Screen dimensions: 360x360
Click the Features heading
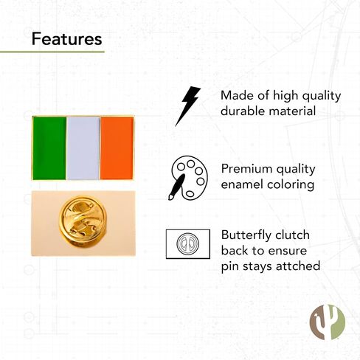(x=66, y=39)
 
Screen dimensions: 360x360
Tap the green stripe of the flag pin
(x=49, y=148)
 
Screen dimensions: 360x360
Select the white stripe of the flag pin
(x=83, y=148)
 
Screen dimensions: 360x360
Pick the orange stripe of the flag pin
(x=117, y=148)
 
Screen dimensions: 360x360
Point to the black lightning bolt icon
(x=187, y=106)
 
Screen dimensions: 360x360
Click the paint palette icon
(x=188, y=178)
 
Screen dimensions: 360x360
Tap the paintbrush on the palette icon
(x=176, y=187)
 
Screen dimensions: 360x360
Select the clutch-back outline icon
(x=188, y=244)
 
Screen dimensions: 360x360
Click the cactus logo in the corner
(x=327, y=322)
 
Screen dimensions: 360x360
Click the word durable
(x=243, y=111)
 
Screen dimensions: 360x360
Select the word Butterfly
(x=246, y=236)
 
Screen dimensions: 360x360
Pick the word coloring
(x=291, y=185)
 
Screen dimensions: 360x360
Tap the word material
(x=292, y=111)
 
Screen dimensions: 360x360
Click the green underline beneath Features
(x=52, y=52)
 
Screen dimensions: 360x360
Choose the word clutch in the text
(x=292, y=235)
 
